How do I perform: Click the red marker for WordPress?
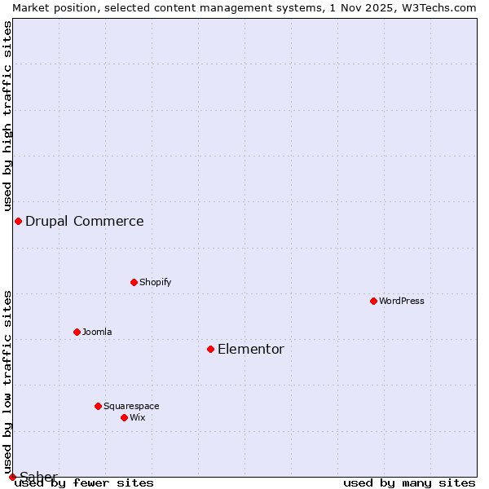[373, 301]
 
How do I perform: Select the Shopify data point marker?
[134, 282]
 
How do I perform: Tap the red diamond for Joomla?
[77, 332]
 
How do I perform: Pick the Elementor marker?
[210, 349]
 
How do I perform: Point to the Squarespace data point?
[98, 406]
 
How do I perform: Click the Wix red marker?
[124, 417]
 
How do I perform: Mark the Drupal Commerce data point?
[18, 221]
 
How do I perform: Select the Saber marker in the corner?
[12, 477]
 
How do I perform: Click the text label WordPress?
[402, 301]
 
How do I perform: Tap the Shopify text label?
[155, 282]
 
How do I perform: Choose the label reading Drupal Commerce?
[85, 221]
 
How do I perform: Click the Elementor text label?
[251, 349]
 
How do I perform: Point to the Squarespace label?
[131, 406]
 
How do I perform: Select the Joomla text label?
[97, 332]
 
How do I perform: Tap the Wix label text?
[138, 417]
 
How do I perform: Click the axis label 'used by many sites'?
[409, 482]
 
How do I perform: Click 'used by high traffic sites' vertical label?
[7, 114]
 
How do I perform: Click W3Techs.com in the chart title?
[437, 7]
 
